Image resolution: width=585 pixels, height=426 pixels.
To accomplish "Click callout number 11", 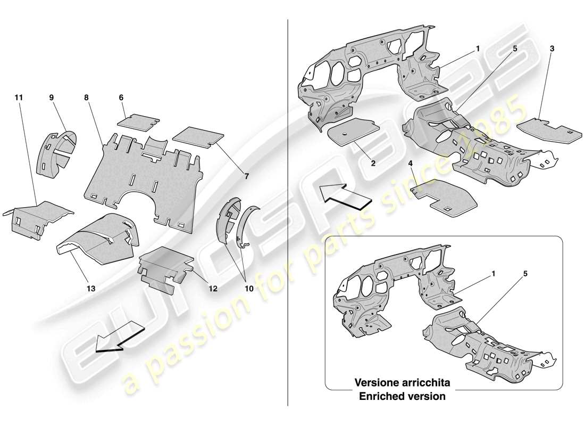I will pos(19,98).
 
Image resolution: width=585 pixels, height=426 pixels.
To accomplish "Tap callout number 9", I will pos(52,98).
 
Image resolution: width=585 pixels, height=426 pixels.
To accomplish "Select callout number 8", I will pos(86,98).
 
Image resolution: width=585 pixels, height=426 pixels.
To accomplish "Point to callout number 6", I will pos(121,98).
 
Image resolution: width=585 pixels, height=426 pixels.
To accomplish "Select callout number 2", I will pos(373,164).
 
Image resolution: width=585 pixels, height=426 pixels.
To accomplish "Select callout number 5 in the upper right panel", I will pos(515,48).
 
